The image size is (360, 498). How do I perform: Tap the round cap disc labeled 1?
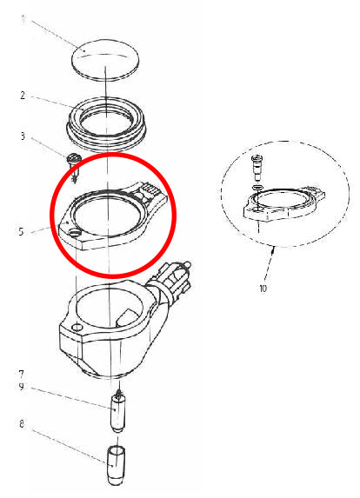pos(104,59)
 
